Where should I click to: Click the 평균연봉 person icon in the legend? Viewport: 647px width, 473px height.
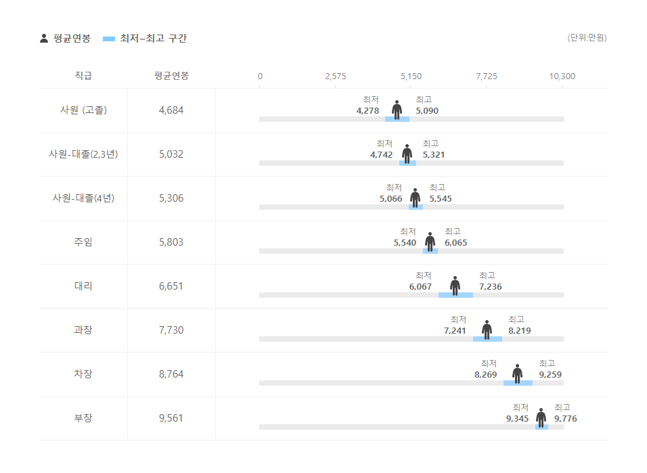tap(44, 39)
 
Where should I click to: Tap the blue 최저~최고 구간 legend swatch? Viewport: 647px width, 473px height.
tap(109, 39)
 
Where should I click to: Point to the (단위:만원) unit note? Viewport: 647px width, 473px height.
tap(587, 38)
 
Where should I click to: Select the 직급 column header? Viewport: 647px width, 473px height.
tap(83, 76)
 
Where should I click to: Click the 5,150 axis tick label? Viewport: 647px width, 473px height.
tap(411, 76)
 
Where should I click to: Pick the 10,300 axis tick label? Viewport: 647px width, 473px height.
tap(562, 76)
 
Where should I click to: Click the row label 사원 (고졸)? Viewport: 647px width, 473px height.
tap(83, 110)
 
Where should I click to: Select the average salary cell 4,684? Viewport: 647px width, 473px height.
tap(171, 110)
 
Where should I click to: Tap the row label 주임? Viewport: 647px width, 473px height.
tap(83, 242)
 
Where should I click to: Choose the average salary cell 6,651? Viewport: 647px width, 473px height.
tap(171, 286)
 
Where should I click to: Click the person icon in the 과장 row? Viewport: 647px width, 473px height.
tap(487, 330)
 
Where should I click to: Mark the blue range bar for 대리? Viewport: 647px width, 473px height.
tap(455, 295)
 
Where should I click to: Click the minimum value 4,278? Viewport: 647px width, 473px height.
tap(367, 111)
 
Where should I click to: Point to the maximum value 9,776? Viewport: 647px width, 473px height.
tap(566, 419)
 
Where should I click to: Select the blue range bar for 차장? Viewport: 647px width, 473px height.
tap(518, 383)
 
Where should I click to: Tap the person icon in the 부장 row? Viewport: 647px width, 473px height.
tap(541, 418)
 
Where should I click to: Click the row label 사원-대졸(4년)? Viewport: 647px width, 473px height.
tap(83, 198)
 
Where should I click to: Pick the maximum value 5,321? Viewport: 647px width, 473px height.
tap(434, 155)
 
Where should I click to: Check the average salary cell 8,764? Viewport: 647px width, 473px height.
tap(171, 374)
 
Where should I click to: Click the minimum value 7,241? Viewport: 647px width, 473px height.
tap(455, 331)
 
